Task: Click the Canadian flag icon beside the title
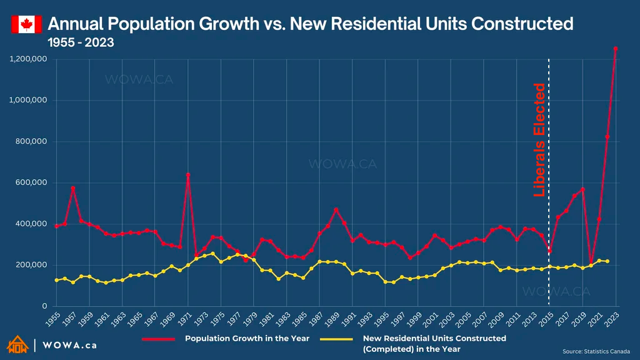[26, 24]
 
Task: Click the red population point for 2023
[616, 48]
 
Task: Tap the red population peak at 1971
[187, 175]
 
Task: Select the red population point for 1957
[73, 187]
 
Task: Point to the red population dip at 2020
[591, 265]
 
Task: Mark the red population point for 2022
[607, 137]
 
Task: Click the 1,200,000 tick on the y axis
[29, 59]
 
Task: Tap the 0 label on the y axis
[44, 306]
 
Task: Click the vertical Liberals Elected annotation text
[539, 140]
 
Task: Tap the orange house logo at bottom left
[17, 344]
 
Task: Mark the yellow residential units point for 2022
[607, 261]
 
